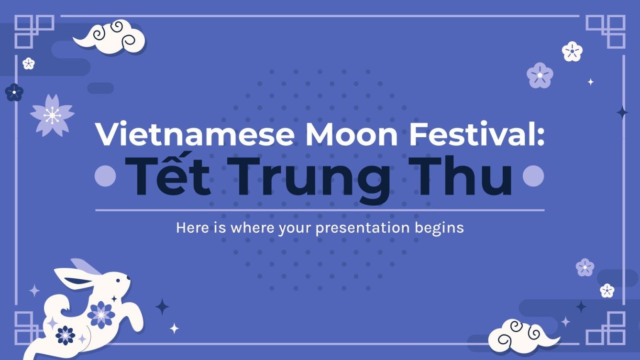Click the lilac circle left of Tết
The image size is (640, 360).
coord(105,176)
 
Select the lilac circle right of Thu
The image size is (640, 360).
coord(533,176)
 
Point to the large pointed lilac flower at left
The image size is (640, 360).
coord(52,115)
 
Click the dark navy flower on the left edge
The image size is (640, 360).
coord(14,92)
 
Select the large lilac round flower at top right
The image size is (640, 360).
coord(540,75)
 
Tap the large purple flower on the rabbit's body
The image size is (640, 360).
coord(100,314)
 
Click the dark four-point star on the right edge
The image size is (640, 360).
coord(622,112)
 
